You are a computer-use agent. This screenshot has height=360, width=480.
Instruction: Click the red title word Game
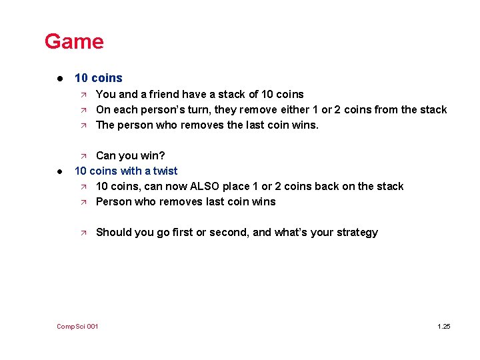(74, 41)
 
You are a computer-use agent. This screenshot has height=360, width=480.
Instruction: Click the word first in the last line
(183, 232)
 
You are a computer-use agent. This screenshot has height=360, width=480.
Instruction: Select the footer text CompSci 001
(77, 326)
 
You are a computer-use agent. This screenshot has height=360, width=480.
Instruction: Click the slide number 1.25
(443, 326)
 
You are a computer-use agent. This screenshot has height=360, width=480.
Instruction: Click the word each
(125, 109)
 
